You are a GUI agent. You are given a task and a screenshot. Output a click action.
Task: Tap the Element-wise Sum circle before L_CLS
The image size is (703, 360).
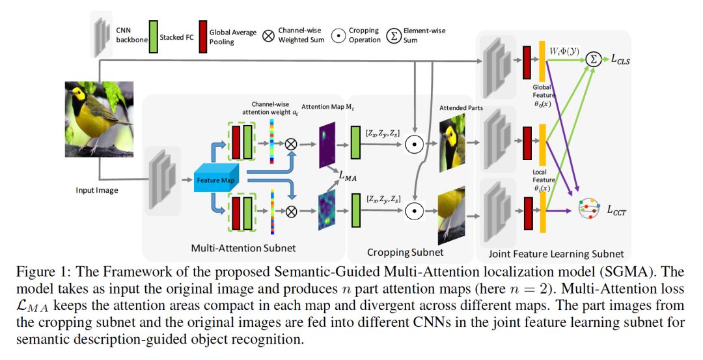click(x=594, y=59)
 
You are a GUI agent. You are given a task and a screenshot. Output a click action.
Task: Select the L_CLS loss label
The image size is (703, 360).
click(x=620, y=59)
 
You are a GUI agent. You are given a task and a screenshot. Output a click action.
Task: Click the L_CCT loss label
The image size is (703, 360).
click(x=617, y=210)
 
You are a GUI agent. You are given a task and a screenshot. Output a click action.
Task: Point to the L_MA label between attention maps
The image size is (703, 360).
click(x=348, y=176)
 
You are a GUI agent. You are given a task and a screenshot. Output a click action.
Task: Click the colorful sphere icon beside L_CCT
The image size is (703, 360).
click(x=588, y=208)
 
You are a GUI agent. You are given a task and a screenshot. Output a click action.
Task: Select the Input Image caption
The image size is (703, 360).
click(x=97, y=190)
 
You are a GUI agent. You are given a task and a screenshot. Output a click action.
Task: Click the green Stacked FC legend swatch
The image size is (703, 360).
click(x=154, y=36)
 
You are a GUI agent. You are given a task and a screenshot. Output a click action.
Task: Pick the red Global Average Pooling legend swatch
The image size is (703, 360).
click(x=202, y=36)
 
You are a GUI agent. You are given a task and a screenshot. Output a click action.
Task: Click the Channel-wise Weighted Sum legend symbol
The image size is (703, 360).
click(x=268, y=36)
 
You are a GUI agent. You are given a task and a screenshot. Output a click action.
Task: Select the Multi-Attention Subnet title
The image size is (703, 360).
click(x=243, y=248)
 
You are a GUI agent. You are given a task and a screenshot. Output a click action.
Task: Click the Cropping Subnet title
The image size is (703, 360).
click(x=406, y=253)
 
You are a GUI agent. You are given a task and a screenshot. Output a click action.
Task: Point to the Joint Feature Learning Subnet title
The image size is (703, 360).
click(x=556, y=254)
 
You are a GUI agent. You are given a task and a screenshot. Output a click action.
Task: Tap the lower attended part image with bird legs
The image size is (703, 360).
click(x=452, y=215)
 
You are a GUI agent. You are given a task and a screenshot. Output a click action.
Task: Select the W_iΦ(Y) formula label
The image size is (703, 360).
click(x=564, y=51)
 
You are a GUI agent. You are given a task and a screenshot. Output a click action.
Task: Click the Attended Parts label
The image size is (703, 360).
click(x=461, y=107)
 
